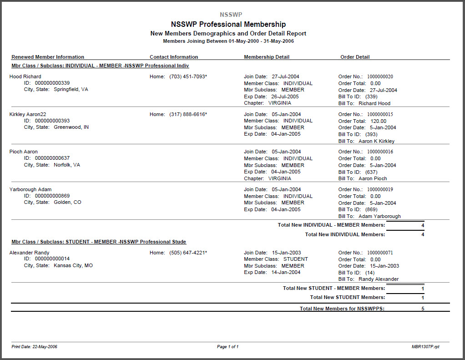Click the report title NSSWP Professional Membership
[x=228, y=24]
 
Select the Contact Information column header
[x=174, y=57]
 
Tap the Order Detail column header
[x=355, y=57]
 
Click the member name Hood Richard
[x=25, y=76]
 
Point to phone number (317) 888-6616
[x=188, y=114]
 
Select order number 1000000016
[x=380, y=152]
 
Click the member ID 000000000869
[x=52, y=196]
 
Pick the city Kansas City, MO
[x=73, y=265]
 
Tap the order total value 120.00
[x=378, y=121]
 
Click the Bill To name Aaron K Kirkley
[x=376, y=141]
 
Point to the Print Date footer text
[x=35, y=347]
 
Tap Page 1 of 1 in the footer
[x=227, y=347]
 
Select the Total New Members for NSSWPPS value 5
[x=423, y=309]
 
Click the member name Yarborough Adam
[x=30, y=189]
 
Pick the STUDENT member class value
[x=295, y=259]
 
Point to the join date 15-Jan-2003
[x=286, y=253]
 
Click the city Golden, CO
[x=67, y=202]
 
